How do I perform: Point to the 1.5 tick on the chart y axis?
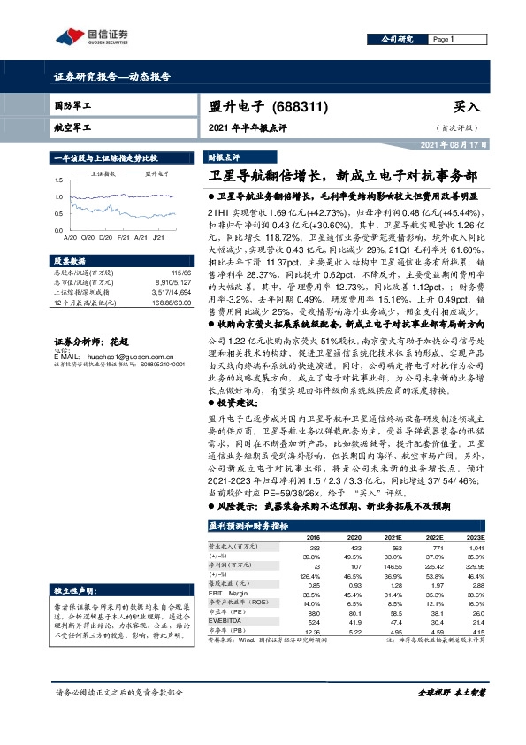[59, 180]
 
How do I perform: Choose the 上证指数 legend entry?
[100, 173]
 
